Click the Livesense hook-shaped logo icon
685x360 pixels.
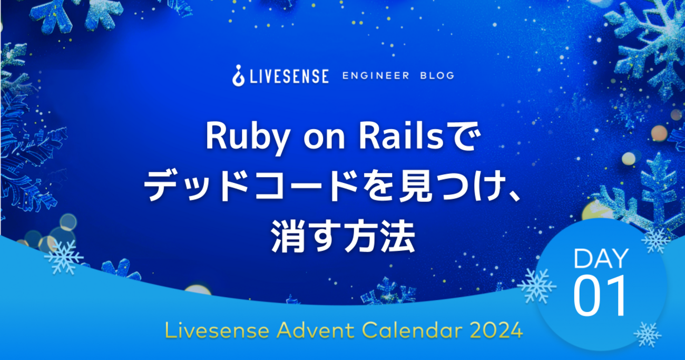[x=238, y=75]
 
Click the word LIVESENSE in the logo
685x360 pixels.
[x=289, y=76]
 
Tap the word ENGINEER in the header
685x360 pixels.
[x=376, y=75]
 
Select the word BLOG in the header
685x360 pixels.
[x=437, y=75]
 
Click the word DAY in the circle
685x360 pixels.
[x=601, y=259]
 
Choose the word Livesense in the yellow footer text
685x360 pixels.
[x=217, y=330]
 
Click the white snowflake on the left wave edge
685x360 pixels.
[x=64, y=257]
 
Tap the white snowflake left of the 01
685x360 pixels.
[x=537, y=286]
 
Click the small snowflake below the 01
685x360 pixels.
[x=648, y=334]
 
